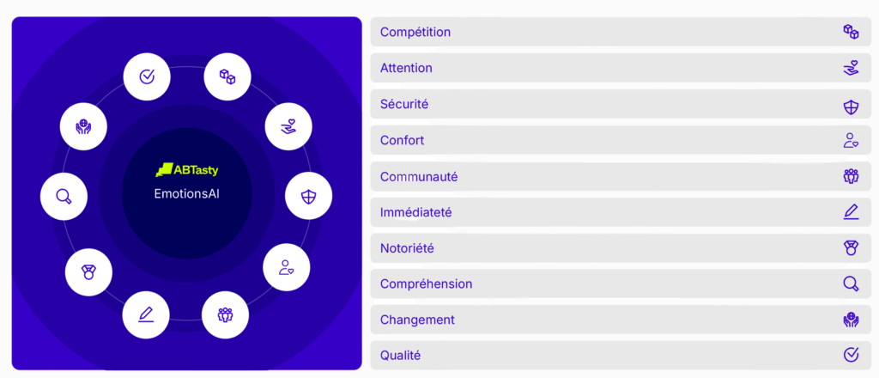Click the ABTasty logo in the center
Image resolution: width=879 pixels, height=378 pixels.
pos(186,170)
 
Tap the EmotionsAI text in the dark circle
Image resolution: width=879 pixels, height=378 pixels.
pos(186,193)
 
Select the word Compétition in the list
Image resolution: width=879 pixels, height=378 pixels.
pos(415,32)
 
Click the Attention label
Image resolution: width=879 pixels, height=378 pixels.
pos(406,68)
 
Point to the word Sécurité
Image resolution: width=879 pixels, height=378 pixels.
pos(404,104)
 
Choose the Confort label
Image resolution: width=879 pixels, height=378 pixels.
pos(402,140)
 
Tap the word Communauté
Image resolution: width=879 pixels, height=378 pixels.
pos(419,177)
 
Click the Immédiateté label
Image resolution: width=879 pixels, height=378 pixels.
pos(416,212)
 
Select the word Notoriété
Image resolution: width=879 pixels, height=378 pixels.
pos(407,248)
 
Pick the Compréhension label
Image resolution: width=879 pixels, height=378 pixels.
pos(426,284)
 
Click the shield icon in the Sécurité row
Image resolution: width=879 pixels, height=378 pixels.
pos(851,107)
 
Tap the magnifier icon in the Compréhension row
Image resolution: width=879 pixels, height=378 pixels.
pos(851,284)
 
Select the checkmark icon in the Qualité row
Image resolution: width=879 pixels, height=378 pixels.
pos(851,355)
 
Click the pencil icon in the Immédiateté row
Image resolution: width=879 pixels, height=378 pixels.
pos(851,212)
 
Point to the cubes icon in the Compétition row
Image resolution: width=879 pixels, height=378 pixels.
pos(851,32)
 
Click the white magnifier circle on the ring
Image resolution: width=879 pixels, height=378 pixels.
pos(64,196)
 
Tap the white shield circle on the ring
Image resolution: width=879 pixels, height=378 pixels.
pos(308,196)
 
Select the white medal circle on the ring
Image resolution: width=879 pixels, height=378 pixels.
pos(88,272)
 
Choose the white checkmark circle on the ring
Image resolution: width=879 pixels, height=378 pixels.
pos(146,76)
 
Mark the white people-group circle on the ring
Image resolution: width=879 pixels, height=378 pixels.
pos(226,314)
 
